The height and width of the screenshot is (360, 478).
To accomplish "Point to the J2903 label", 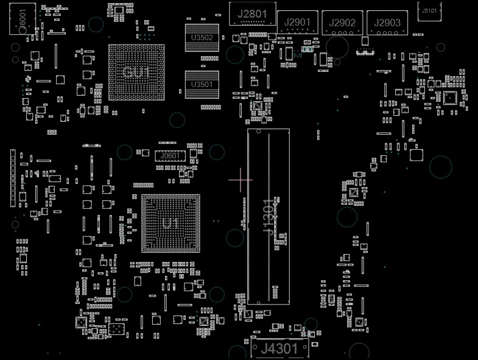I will click(x=387, y=23).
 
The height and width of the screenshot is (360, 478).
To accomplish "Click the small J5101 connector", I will click(x=429, y=10).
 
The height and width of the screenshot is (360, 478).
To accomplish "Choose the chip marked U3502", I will click(x=202, y=37).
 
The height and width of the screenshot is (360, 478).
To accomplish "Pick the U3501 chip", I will click(x=202, y=84).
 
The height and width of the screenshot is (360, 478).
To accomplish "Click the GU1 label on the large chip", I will click(x=136, y=72).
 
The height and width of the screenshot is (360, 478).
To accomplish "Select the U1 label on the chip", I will click(x=170, y=224).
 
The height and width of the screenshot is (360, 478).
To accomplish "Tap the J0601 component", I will click(x=170, y=156).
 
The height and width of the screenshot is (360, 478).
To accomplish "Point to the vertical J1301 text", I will click(x=269, y=216).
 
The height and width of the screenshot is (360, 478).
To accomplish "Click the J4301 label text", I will click(x=279, y=349).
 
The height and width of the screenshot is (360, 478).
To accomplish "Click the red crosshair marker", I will click(x=241, y=180).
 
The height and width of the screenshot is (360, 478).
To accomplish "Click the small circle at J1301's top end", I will click(x=257, y=131).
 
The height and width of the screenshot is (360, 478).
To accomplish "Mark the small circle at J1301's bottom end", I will click(x=257, y=301).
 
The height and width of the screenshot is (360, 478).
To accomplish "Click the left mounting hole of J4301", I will click(x=237, y=352).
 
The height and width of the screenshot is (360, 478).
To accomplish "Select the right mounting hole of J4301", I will click(x=359, y=352).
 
